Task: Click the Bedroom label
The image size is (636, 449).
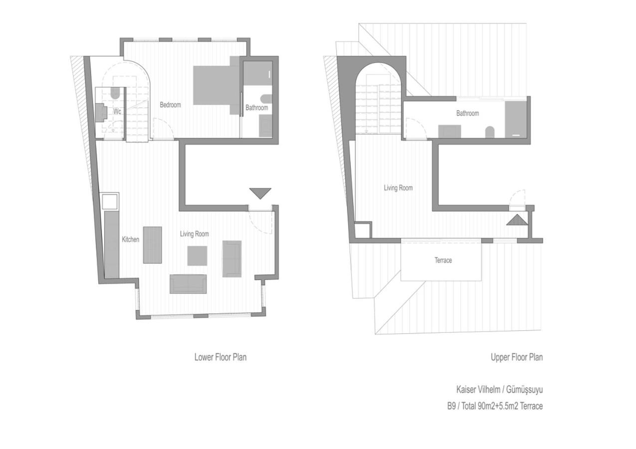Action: pos(171,105)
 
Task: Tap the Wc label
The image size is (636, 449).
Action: pos(117,111)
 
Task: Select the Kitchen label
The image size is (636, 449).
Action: pos(131,239)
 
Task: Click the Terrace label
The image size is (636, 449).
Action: pos(443,260)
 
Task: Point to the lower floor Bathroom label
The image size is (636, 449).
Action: pos(257,108)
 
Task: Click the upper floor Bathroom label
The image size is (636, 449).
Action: pos(467,113)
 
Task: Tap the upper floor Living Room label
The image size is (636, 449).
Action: pos(398,188)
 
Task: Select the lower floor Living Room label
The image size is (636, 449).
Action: pos(195,234)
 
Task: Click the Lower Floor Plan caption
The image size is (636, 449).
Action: pos(220,357)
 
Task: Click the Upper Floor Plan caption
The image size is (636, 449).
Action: pos(517,357)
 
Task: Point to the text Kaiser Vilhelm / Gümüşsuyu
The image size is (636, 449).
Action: pos(499,389)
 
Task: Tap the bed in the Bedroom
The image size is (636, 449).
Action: pos(216,85)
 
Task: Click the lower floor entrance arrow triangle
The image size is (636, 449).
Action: pos(260,194)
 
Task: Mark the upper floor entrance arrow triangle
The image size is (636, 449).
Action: pos(517,220)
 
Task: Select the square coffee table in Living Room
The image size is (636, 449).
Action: pos(197,255)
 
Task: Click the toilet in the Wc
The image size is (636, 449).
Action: pos(115,93)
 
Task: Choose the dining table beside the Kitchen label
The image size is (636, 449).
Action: pos(153,245)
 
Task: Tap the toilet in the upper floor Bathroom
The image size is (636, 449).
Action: pos(490,132)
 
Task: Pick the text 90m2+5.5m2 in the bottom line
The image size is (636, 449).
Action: pos(498,406)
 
